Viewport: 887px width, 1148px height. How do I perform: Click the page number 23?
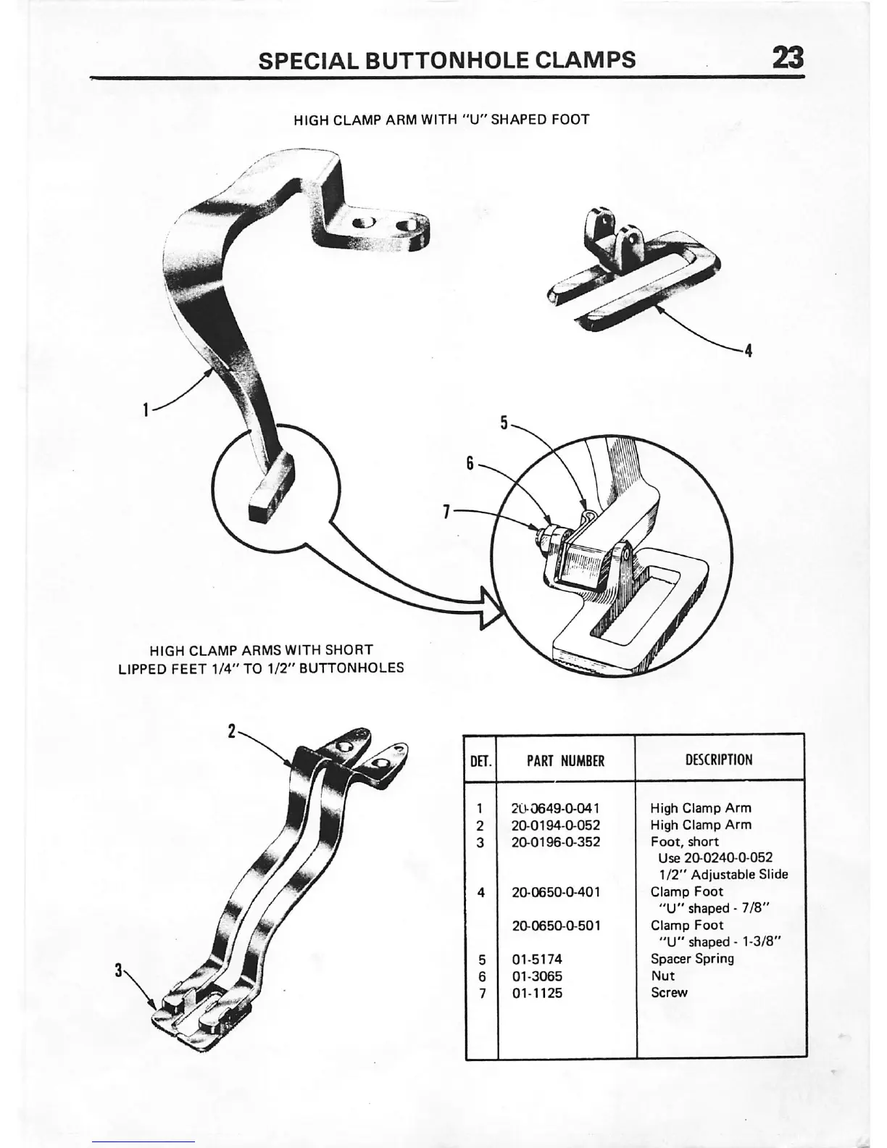788,57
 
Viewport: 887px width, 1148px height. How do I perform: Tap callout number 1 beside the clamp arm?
146,410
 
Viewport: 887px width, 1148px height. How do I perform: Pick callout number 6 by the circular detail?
470,462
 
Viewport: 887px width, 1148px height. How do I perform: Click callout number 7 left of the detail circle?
447,512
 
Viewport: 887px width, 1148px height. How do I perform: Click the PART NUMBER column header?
565,761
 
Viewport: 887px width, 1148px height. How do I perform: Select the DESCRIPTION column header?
719,760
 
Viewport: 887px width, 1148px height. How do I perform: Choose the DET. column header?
481,762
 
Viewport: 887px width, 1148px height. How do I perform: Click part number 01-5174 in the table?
537,960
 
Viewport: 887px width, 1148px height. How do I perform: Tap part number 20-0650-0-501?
556,926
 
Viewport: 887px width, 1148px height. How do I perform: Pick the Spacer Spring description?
692,959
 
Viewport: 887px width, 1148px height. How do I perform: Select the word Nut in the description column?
662,976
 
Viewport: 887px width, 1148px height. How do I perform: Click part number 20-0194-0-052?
556,825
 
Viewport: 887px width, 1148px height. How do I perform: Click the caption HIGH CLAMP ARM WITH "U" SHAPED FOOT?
441,120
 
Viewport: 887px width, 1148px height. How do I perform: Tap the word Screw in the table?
669,992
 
